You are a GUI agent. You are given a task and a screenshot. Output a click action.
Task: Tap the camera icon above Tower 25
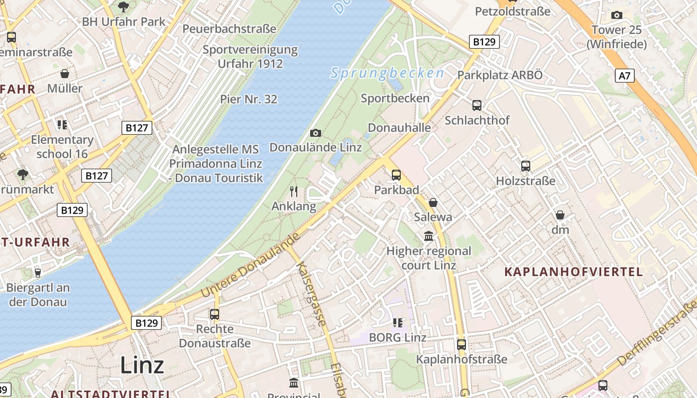point(617,15)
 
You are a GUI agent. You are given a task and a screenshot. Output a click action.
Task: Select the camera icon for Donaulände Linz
point(315,133)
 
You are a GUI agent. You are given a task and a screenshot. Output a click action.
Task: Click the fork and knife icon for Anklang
point(294,191)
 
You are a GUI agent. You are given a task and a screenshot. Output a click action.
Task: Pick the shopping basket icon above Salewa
point(433,202)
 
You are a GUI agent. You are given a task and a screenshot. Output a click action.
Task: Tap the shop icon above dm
point(560,215)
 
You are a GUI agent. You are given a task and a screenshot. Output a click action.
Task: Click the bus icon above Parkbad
point(396,175)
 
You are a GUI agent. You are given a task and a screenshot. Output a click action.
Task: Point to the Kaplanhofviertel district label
point(574,272)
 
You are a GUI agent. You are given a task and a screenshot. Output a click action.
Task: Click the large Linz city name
point(142,365)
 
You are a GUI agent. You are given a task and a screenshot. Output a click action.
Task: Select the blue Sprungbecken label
point(387,74)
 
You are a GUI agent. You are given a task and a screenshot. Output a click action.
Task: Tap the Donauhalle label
point(399,127)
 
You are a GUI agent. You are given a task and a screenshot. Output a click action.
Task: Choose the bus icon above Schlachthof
point(477,105)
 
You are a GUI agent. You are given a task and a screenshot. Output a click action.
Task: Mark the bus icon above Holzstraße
point(526,166)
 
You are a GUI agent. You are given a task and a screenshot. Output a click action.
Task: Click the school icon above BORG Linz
point(397,323)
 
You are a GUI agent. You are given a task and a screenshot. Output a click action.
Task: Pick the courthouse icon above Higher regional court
point(429,236)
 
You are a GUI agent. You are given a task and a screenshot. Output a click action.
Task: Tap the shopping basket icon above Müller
point(65,74)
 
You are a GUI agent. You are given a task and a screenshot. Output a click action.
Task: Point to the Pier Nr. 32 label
point(248,99)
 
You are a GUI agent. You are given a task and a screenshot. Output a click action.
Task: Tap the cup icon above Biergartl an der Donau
point(37,273)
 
